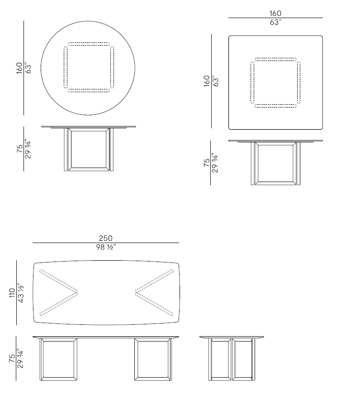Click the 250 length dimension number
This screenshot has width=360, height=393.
coord(106,238)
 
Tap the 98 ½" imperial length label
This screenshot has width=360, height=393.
coord(106,248)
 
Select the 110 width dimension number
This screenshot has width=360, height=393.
coord(12,293)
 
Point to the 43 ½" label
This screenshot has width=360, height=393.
coord(21,293)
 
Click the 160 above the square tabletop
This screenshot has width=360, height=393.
coord(275,13)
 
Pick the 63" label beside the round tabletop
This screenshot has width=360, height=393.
coord(28,68)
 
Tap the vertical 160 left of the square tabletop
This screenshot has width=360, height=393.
coord(207,81)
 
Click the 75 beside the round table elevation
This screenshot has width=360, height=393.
coord(19,149)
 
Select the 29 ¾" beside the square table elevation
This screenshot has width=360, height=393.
coord(215,163)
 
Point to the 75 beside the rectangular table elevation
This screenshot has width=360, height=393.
coord(12,358)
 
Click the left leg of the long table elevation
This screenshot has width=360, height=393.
coord(58,359)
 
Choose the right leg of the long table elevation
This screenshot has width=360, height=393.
coord(153,359)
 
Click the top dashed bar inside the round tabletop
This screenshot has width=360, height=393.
coord(89,44)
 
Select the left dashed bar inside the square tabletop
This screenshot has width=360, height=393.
coord(252,83)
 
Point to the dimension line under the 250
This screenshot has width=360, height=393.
coord(106,243)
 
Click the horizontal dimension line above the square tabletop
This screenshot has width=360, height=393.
coord(275,18)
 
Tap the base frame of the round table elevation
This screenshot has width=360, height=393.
coord(89,150)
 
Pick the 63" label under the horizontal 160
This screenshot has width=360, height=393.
coord(275,23)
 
